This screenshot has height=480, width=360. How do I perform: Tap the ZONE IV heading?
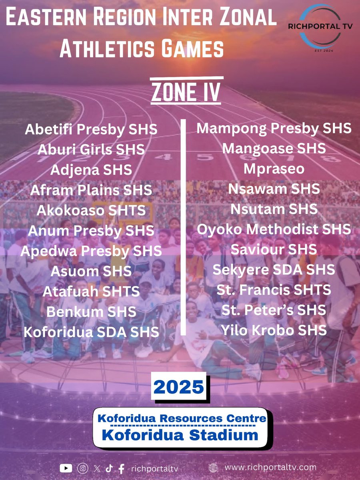pyautogui.click(x=185, y=92)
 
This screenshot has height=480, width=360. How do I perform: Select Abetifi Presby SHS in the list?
pyautogui.click(x=91, y=130)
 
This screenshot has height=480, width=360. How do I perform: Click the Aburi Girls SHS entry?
pyautogui.click(x=91, y=150)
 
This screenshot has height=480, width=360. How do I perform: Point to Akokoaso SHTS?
pyautogui.click(x=91, y=210)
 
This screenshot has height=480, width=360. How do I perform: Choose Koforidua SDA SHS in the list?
pyautogui.click(x=91, y=332)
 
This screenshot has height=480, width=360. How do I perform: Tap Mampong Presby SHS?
pyautogui.click(x=274, y=128)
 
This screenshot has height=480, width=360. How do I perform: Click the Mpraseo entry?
pyautogui.click(x=274, y=169)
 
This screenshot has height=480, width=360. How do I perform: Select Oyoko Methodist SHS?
pyautogui.click(x=274, y=229)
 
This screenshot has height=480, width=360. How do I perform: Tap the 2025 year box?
pyautogui.click(x=178, y=387)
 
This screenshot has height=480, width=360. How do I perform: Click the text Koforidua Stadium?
pyautogui.click(x=180, y=435)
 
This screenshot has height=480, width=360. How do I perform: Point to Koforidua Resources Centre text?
pyautogui.click(x=182, y=418)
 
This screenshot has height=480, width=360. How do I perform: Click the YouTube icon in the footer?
pyautogui.click(x=65, y=468)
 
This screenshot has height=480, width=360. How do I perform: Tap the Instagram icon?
pyautogui.click(x=82, y=468)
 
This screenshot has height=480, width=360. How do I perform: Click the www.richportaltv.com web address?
pyautogui.click(x=270, y=467)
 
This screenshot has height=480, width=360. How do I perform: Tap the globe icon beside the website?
pyautogui.click(x=213, y=468)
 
